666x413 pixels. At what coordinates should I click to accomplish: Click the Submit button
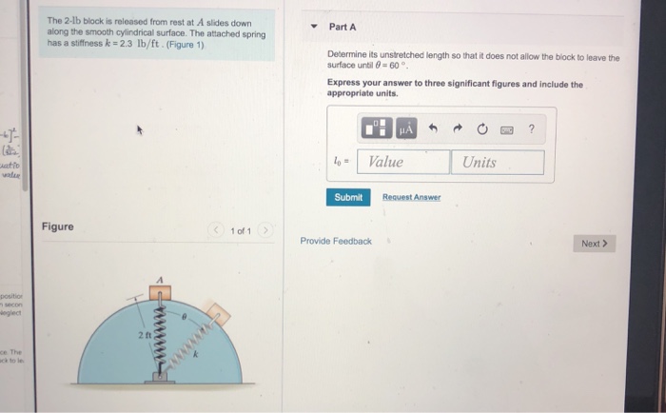(x=348, y=197)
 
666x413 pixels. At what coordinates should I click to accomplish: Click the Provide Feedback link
(x=336, y=241)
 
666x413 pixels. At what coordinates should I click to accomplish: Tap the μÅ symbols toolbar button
(x=406, y=128)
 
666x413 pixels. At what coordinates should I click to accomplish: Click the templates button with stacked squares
(x=377, y=128)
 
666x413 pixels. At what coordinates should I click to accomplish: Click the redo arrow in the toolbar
(x=460, y=128)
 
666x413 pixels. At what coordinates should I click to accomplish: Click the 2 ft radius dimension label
(x=144, y=336)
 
